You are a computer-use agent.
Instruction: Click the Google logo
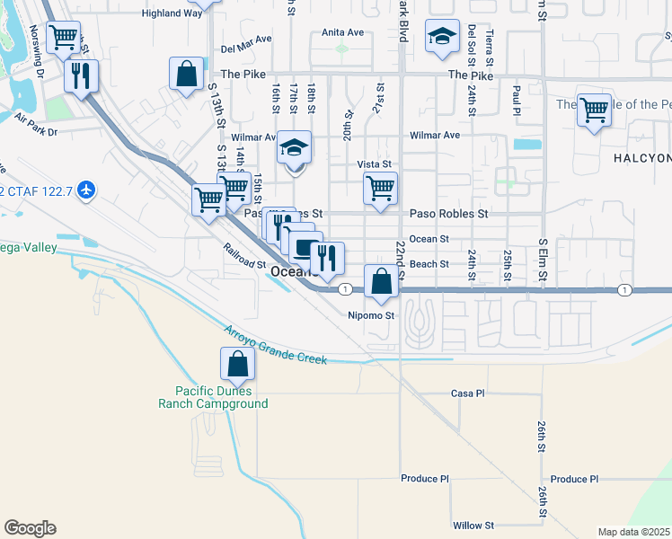[x=30, y=528]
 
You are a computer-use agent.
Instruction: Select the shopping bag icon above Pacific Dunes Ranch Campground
[x=236, y=364]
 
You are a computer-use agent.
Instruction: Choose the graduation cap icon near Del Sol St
[x=441, y=37]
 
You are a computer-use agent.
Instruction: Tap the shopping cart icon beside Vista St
[x=380, y=189]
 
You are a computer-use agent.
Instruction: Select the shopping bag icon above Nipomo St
[x=382, y=281]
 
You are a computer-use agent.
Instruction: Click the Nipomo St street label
[x=371, y=315]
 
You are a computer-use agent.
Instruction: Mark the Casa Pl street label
[x=467, y=393]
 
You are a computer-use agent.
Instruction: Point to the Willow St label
[x=473, y=525]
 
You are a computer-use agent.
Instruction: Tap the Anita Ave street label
[x=342, y=32]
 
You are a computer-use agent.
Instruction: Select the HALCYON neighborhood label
[x=641, y=158]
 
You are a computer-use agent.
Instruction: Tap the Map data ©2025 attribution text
[x=633, y=532]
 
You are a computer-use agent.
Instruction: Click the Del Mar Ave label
[x=246, y=40]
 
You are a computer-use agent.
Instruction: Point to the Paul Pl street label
[x=517, y=94]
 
